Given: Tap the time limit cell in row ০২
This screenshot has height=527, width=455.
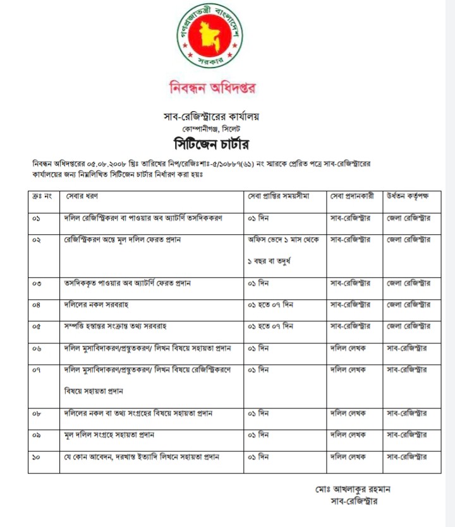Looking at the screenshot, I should click(284, 251).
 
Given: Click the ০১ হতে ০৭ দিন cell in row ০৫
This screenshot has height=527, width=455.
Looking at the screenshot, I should click(270, 326).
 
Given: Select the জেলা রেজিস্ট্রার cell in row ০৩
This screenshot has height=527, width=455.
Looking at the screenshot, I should click(408, 283).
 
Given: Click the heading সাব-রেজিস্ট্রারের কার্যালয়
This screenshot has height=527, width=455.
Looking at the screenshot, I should click(212, 115).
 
